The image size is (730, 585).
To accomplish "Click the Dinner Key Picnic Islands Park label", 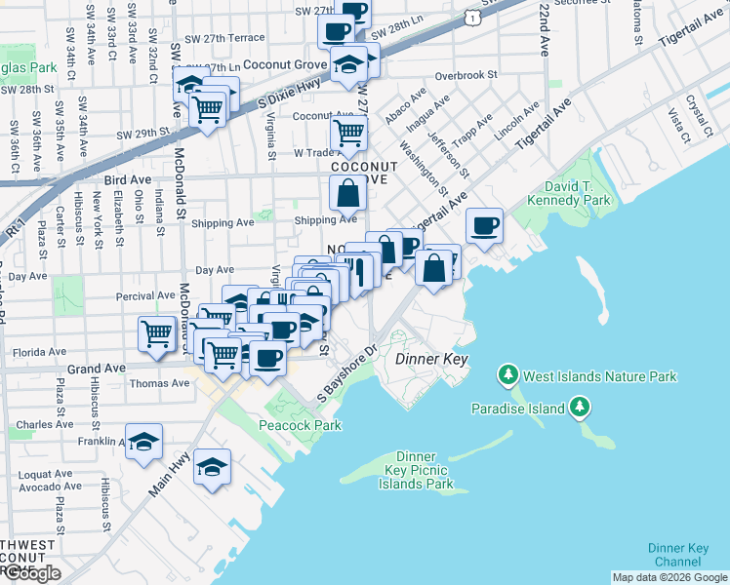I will (x=426, y=470).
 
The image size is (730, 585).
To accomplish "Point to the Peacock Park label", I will (x=300, y=425).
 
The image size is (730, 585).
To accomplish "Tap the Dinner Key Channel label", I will (x=678, y=555).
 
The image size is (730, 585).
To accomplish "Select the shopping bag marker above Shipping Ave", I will (x=348, y=195).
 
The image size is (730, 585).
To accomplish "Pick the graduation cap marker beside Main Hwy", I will (x=212, y=468).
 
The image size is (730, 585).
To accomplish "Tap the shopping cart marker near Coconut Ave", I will (x=348, y=131).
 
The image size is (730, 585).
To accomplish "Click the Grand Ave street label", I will (x=97, y=370).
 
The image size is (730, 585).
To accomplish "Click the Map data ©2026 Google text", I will (x=669, y=577).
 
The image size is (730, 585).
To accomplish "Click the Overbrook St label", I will (x=466, y=75).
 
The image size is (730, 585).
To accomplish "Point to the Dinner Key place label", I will (x=432, y=360).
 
